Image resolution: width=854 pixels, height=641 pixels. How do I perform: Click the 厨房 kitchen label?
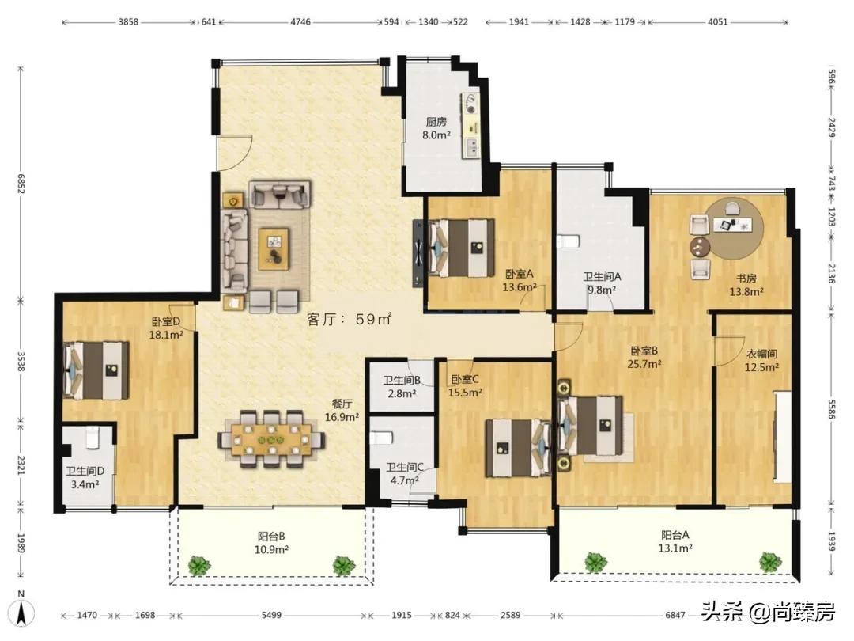click(436, 122)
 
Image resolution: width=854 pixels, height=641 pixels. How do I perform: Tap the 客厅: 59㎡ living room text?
click(350, 319)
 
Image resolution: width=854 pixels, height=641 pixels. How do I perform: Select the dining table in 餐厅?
click(271, 438)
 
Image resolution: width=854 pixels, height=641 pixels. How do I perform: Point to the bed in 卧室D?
click(96, 370)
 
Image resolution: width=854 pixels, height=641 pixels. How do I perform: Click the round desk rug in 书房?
click(733, 228)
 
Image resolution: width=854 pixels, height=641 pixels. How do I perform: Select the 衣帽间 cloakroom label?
click(761, 354)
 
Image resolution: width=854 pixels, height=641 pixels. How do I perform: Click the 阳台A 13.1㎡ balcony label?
click(675, 542)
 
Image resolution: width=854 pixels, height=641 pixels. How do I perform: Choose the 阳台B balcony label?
click(271, 536)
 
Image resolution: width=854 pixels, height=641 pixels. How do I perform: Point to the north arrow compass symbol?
click(22, 609)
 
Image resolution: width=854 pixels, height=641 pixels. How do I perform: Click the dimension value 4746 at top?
click(300, 22)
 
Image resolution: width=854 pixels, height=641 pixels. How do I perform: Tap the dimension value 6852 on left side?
click(21, 184)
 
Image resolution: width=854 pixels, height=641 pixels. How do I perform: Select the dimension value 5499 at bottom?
click(271, 615)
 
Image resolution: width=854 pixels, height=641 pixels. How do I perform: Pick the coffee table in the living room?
click(274, 248)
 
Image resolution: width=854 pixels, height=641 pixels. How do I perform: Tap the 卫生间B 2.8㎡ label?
click(402, 386)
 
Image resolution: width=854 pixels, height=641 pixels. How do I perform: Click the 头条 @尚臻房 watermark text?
click(768, 612)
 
